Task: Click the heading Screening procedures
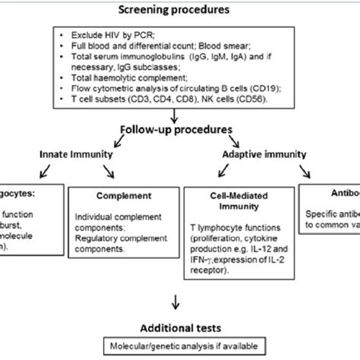pyautogui.click(x=180, y=11)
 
